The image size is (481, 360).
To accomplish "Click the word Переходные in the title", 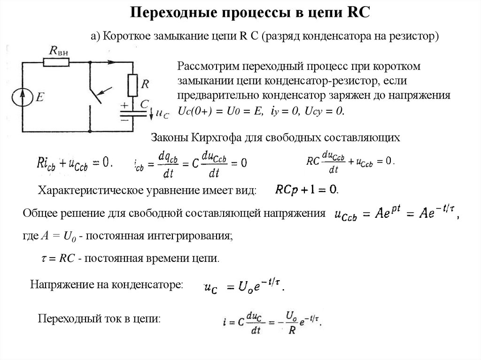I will pyautogui.click(x=173, y=12).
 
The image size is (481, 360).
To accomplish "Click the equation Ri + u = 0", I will pyautogui.click(x=75, y=163).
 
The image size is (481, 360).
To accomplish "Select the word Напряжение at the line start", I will pyautogui.click(x=62, y=284).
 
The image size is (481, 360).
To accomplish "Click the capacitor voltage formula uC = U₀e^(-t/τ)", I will pyautogui.click(x=243, y=285).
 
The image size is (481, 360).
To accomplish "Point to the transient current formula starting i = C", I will pyautogui.click(x=271, y=321).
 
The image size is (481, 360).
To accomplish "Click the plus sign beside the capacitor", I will pyautogui.click(x=124, y=105).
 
